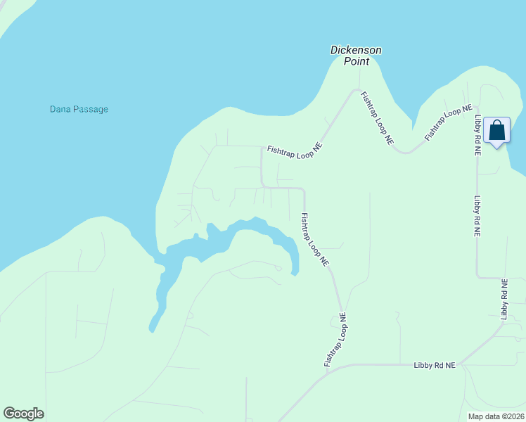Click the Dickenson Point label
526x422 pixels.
(x=356, y=56)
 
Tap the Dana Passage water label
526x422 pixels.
(x=79, y=109)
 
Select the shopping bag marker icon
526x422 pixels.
(x=496, y=130)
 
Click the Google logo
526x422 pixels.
(x=23, y=414)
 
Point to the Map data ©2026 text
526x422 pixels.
(x=496, y=416)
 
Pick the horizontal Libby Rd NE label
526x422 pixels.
(x=435, y=365)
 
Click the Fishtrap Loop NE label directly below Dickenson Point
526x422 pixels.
(x=377, y=118)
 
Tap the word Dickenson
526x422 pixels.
(x=356, y=50)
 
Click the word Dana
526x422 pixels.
(x=59, y=109)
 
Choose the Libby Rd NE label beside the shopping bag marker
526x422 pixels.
(x=477, y=135)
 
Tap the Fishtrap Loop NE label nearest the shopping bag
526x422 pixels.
(x=448, y=122)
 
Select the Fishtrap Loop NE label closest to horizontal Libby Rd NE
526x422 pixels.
(x=335, y=340)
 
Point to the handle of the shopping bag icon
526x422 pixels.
(x=496, y=124)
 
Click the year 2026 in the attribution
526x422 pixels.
(x=515, y=416)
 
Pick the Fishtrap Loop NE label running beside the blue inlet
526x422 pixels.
(x=314, y=239)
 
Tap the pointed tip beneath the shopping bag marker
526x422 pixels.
(x=497, y=148)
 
